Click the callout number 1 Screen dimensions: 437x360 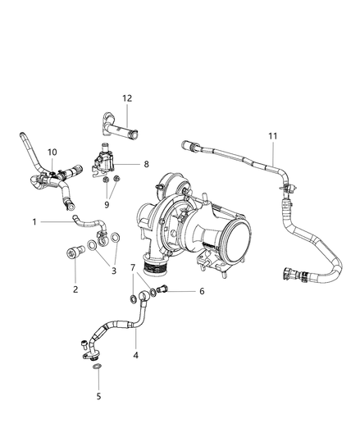[34, 221]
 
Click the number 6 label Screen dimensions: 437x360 [202, 291]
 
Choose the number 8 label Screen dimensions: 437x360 [146, 164]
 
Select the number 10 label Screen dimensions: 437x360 [52, 152]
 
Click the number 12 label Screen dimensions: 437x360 [127, 98]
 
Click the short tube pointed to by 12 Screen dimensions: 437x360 [119, 126]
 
